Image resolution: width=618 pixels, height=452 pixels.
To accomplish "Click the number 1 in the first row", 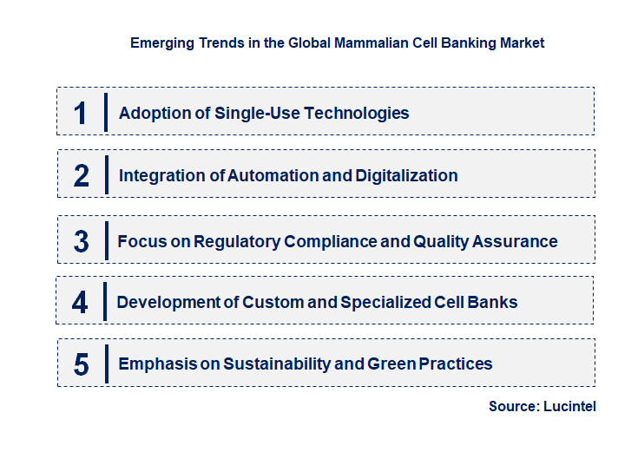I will point(81,113).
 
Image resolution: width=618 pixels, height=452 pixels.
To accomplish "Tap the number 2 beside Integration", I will point(81,175).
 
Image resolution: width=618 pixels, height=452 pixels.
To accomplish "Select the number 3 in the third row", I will point(81,241).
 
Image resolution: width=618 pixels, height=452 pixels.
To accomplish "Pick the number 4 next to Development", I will point(80,302).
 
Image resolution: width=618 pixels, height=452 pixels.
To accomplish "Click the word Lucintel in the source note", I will point(569,406).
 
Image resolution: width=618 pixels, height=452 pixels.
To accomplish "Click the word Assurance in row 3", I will point(515,241).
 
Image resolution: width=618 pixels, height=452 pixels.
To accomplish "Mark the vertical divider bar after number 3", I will point(105,239).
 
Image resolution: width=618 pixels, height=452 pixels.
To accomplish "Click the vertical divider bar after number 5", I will point(105,363).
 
